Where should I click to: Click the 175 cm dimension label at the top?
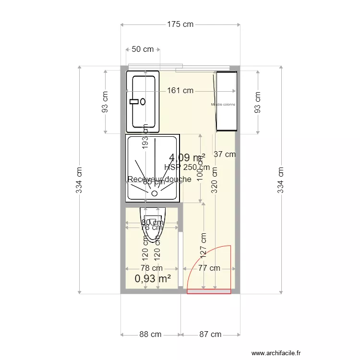(x=180, y=24)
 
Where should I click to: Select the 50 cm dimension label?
(x=143, y=49)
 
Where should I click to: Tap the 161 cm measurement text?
(x=180, y=90)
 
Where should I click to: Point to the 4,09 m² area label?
(x=187, y=157)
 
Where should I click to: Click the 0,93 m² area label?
(x=153, y=278)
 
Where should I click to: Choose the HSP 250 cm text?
(x=187, y=167)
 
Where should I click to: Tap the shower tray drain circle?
(x=155, y=193)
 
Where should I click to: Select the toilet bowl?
(x=153, y=226)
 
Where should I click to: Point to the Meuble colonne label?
(x=223, y=104)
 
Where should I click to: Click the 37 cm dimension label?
(x=225, y=154)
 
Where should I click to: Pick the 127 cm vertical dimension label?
(x=204, y=244)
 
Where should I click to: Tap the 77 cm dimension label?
(x=209, y=268)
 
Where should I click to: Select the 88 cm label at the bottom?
(x=150, y=335)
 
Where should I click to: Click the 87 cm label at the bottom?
(x=210, y=335)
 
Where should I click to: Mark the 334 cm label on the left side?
(x=80, y=180)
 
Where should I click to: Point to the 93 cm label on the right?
(x=258, y=102)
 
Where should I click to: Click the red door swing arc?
(x=196, y=260)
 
